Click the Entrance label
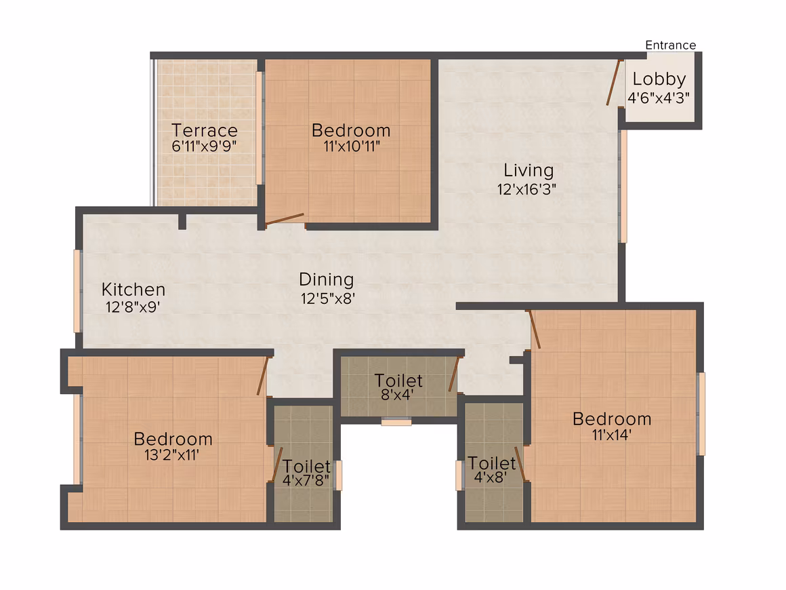tap(670, 45)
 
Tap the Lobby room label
tap(659, 79)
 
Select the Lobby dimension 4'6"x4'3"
tap(658, 98)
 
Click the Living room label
tap(529, 171)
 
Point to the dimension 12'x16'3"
tap(526, 189)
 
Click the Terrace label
tap(205, 130)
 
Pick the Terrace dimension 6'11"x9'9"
tap(204, 146)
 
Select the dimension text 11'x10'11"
tap(352, 146)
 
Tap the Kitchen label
tap(133, 290)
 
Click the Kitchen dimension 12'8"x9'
tap(132, 307)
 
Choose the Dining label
tap(327, 279)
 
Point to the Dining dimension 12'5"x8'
tap(328, 298)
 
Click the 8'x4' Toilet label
tap(398, 381)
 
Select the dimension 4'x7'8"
tap(306, 480)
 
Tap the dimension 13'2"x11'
tap(172, 455)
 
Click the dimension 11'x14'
tap(612, 435)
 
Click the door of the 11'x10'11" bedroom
tap(284, 219)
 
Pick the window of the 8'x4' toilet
tap(396, 421)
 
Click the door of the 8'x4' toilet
tap(454, 374)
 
